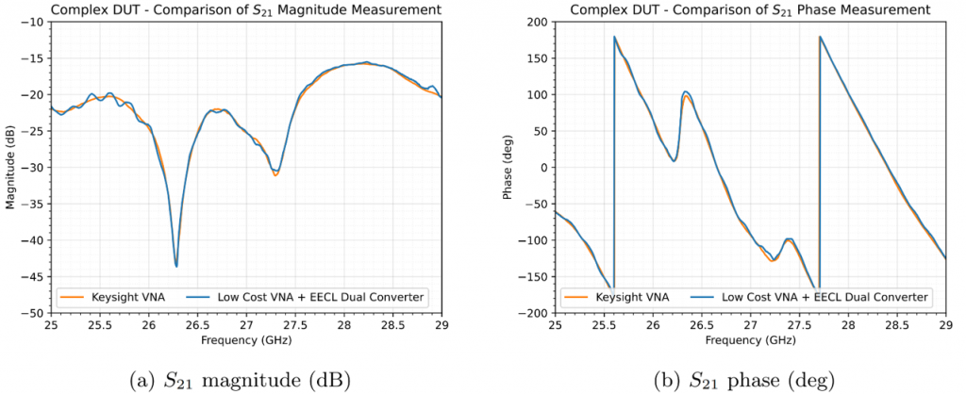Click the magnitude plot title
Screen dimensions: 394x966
[x=245, y=9]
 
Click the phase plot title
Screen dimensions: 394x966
[x=750, y=9]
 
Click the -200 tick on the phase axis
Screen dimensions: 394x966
[x=536, y=313]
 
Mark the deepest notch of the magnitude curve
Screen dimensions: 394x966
[x=176, y=266]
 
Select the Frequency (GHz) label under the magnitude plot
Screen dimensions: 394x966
[x=246, y=339]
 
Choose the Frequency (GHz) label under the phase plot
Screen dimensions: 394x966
[x=750, y=339]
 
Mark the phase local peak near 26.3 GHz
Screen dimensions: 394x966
[x=686, y=92]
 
